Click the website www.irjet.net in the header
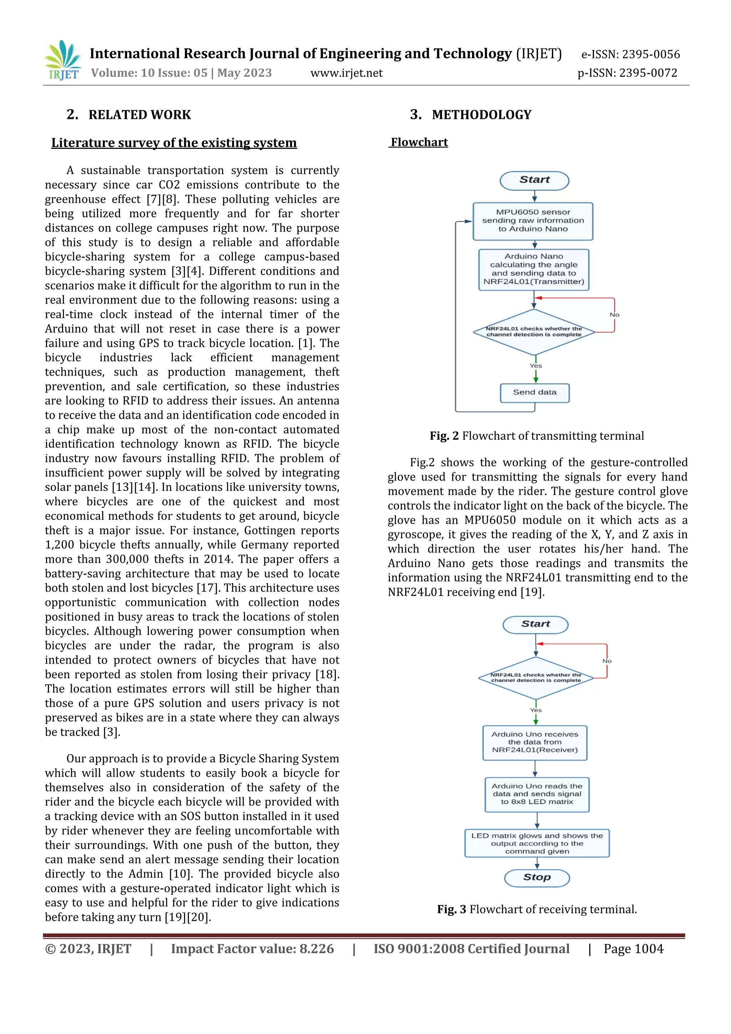pos(346,73)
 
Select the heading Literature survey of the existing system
pos(174,143)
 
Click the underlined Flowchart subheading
pos(419,142)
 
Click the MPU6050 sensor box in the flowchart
pos(533,221)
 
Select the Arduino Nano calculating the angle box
pos(534,269)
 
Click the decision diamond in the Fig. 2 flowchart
pos(534,332)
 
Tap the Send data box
pos(535,393)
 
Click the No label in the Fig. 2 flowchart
pos(614,315)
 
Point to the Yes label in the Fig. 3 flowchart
pos(535,710)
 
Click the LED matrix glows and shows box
pos(537,843)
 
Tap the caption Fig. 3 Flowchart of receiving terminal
pos(537,909)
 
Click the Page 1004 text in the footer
pos(633,949)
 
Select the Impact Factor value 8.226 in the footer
pos(252,949)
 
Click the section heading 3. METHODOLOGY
pos(471,115)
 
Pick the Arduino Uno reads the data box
pos(537,794)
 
